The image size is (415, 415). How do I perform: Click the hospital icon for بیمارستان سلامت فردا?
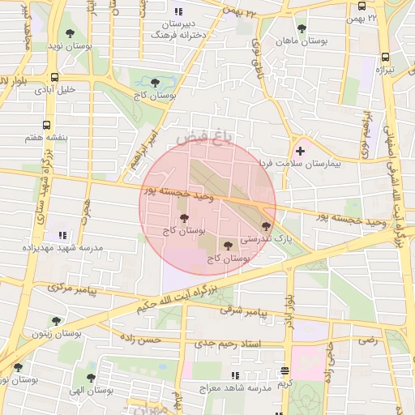coord(301,150)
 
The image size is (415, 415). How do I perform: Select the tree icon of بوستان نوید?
coord(70,34)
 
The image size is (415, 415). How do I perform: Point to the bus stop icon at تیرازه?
coord(385,58)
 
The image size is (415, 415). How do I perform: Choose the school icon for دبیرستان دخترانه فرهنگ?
coord(178,11)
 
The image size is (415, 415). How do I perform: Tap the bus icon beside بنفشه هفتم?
coord(46,126)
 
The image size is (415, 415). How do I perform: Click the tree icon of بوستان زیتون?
coord(55,322)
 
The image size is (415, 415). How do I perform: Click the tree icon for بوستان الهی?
coord(90,378)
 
